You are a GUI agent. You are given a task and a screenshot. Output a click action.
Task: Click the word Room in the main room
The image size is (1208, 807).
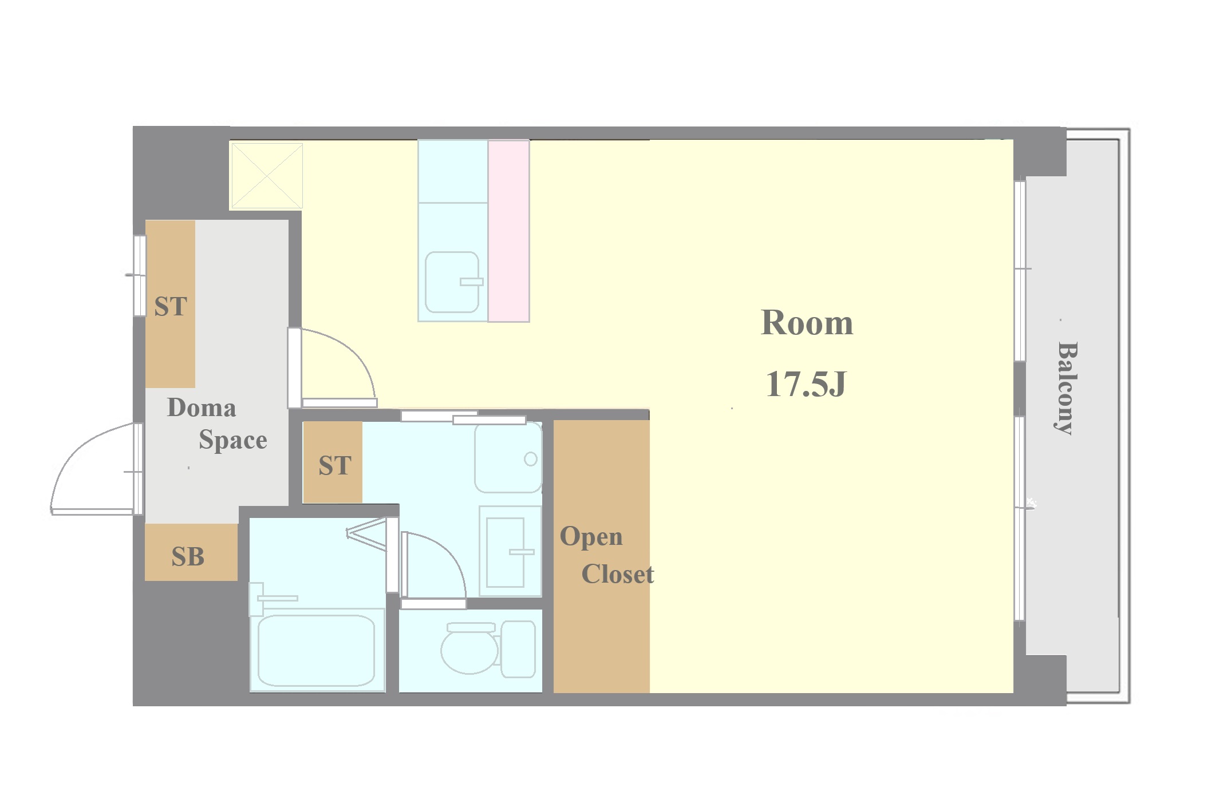[x=807, y=323]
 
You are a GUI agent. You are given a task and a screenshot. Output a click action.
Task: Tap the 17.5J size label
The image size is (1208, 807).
[x=806, y=384]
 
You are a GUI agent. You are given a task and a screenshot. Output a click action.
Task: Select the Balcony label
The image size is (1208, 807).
[x=1067, y=388]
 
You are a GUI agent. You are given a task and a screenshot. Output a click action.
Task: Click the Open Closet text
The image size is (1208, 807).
[x=606, y=555]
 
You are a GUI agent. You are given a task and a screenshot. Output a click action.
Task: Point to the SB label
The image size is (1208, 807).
[x=188, y=557]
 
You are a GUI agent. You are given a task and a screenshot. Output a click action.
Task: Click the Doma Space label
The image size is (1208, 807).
[x=217, y=424]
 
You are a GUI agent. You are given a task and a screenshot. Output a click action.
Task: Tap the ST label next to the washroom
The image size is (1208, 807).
[x=335, y=466]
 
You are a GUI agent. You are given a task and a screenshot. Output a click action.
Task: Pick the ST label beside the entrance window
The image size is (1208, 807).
[x=171, y=307]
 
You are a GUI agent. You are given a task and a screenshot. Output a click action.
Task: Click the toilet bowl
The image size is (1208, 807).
[x=469, y=650]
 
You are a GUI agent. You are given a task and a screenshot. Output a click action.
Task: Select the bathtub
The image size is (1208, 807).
[x=317, y=651]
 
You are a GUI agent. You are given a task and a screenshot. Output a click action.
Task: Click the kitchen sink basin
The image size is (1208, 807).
[x=452, y=282]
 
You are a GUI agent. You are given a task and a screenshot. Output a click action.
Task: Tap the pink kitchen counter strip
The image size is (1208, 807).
[x=508, y=231]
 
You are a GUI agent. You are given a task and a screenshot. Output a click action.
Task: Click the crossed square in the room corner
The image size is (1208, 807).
[x=267, y=176]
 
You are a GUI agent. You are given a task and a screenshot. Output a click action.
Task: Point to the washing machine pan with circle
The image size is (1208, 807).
[x=508, y=457]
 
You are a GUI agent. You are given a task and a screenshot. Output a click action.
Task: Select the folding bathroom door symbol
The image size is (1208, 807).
[x=366, y=535]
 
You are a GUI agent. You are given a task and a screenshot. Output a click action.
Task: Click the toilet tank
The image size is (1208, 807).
[x=519, y=649]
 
